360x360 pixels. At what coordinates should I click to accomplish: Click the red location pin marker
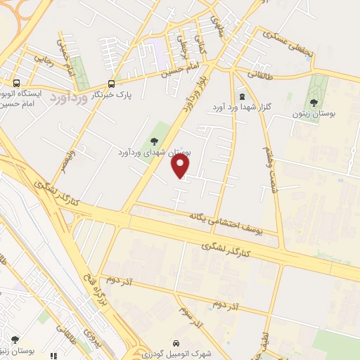(x=181, y=165)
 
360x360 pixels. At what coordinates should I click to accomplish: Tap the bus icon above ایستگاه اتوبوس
(x=15, y=82)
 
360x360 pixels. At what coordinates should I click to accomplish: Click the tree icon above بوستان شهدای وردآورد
(x=153, y=140)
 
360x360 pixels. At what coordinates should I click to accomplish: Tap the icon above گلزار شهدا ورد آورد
(x=243, y=96)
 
